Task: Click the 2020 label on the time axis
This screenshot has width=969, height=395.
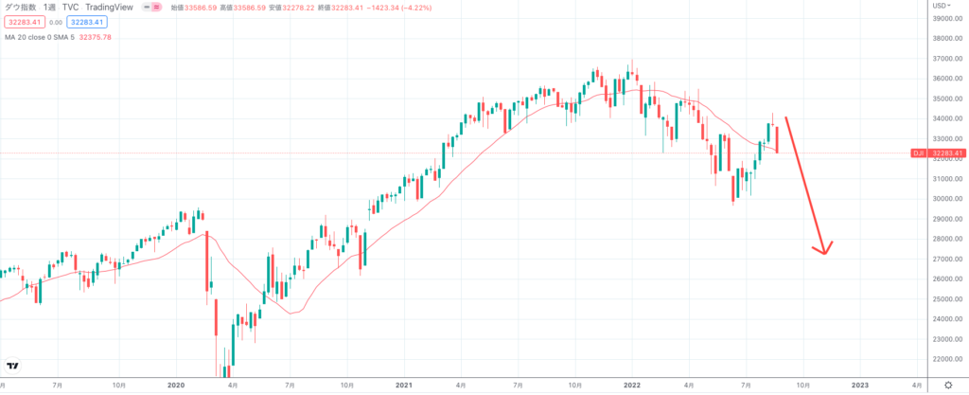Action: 175,386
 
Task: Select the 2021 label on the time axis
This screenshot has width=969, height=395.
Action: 404,386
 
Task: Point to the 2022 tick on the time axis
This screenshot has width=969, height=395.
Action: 632,386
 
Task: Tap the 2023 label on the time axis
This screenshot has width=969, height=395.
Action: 860,386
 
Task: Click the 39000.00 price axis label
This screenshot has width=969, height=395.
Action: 946,19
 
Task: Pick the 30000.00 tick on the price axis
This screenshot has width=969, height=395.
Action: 946,199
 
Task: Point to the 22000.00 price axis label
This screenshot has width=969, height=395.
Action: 946,359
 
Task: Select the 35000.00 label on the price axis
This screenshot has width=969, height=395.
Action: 946,99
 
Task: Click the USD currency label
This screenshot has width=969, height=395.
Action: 941,6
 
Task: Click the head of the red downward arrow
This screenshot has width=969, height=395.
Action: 824,251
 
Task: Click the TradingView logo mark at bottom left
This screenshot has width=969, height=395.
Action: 14,366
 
